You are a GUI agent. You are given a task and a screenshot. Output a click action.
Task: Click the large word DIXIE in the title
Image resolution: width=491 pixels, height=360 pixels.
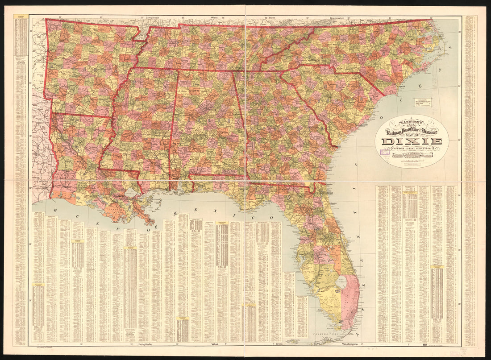412,142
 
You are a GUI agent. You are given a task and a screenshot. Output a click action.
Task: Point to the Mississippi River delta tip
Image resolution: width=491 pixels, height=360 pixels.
151,222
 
